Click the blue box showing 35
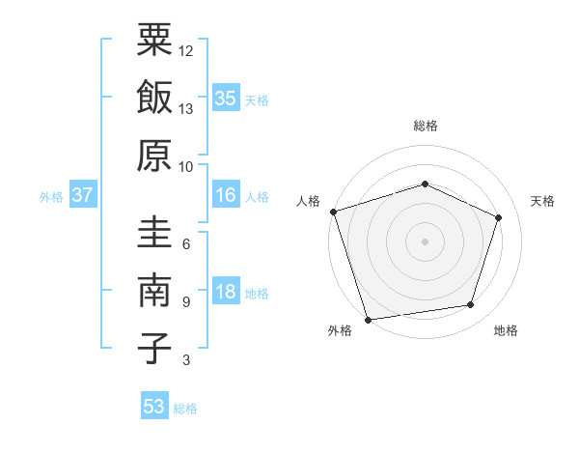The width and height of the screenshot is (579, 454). click(x=226, y=98)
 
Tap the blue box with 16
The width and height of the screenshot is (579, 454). click(x=226, y=195)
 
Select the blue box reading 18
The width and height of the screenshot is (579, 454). click(x=226, y=292)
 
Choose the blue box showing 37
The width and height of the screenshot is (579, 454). click(x=82, y=195)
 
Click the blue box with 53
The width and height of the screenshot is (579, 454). click(x=153, y=407)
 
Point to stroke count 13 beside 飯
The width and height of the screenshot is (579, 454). click(x=186, y=109)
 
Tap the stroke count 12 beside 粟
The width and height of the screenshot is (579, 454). click(x=186, y=50)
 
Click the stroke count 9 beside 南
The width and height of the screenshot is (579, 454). click(x=186, y=302)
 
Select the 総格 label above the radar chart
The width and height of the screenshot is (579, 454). click(x=425, y=127)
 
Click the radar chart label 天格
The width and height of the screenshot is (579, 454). click(x=542, y=201)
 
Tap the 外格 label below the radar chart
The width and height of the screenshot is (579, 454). click(x=340, y=331)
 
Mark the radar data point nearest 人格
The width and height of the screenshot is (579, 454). click(x=333, y=212)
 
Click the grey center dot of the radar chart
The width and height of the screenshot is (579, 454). click(x=425, y=241)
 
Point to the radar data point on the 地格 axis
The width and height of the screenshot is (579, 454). click(x=471, y=305)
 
